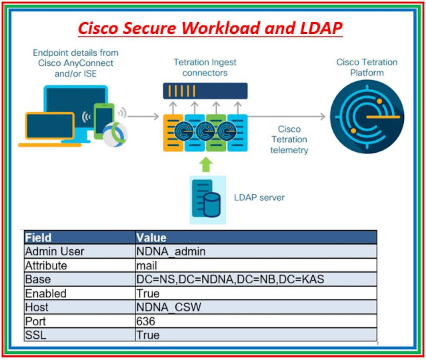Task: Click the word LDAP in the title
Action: click(321, 28)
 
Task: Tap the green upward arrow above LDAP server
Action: click(205, 165)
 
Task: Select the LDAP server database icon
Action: click(206, 199)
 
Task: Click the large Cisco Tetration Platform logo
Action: click(367, 117)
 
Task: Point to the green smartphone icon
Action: click(103, 121)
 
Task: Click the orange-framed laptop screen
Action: click(50, 125)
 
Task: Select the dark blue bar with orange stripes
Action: click(205, 91)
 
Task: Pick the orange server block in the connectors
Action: click(173, 133)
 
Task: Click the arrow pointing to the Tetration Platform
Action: click(287, 117)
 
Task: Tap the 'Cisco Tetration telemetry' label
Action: click(289, 139)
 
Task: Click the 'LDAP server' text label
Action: click(259, 197)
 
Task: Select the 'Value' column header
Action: click(256, 237)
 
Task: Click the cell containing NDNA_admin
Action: click(256, 251)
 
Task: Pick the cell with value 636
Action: click(256, 321)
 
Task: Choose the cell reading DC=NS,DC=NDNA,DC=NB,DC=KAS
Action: click(256, 279)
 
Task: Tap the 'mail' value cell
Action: click(256, 265)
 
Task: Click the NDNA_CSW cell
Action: click(256, 307)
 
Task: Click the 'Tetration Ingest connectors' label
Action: click(205, 67)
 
